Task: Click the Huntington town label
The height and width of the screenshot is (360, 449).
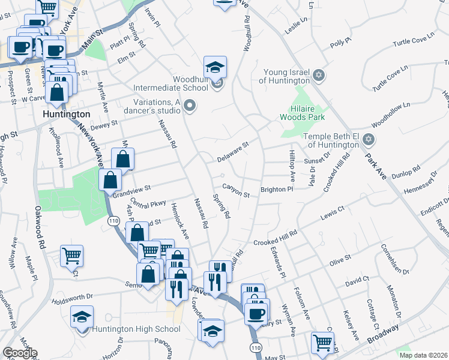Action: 67,113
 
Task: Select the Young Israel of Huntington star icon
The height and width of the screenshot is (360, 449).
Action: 319,76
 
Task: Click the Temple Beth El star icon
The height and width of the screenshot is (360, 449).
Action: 369,140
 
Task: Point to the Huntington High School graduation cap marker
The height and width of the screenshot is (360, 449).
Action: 82,317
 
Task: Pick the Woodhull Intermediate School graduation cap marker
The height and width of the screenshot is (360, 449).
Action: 215,67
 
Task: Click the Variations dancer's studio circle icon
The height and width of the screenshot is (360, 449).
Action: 190,107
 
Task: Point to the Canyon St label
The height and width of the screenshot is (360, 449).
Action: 235,190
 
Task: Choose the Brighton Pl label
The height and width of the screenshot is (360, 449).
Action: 276,190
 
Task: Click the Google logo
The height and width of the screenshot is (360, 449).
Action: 19,353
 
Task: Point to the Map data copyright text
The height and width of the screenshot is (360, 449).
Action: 423,355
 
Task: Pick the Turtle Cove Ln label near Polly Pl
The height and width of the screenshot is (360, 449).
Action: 413,41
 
